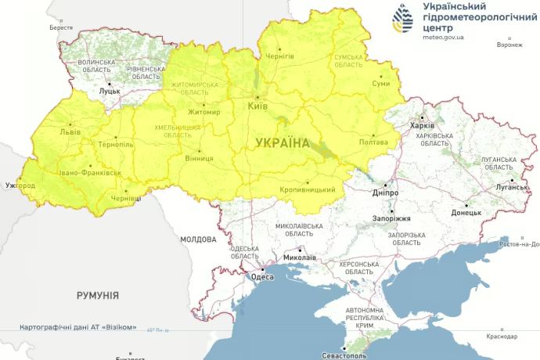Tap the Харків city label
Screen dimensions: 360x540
coord(423,125)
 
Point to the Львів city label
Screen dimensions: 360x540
coord(70,132)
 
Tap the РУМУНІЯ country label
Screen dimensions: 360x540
coord(98,295)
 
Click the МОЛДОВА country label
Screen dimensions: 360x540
coord(197,239)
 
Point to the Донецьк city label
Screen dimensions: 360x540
coord(466,212)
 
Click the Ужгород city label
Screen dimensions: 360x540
coord(20,185)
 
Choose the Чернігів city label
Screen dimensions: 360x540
coord(279,56)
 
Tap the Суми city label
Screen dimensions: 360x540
coord(380,83)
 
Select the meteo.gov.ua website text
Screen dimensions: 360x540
coord(443,36)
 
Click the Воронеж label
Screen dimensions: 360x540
coord(509,45)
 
